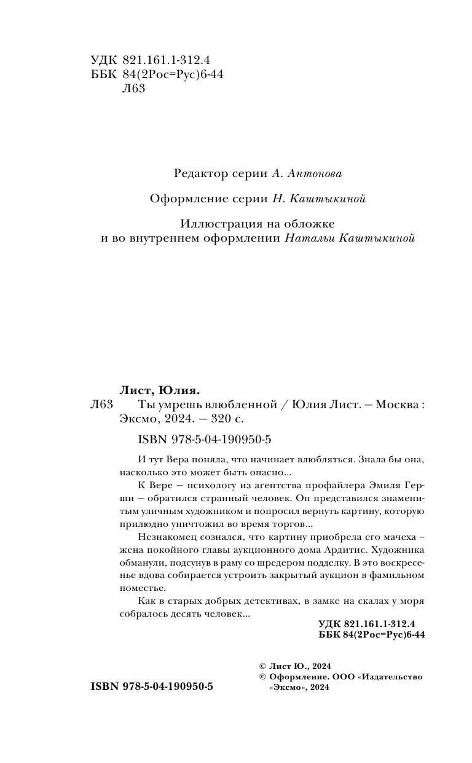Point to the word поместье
coord(140,588)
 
